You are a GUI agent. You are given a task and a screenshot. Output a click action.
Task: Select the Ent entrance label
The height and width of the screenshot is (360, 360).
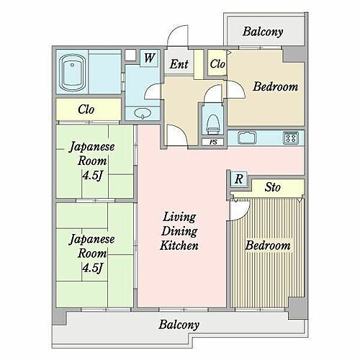tap(179, 65)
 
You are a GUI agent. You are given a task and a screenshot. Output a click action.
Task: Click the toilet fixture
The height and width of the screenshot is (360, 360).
tap(212, 123)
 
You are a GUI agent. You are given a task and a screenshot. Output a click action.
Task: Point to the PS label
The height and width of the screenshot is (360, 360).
tap(213, 142)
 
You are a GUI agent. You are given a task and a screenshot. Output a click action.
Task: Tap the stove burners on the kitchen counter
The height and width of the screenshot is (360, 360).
tap(291, 136)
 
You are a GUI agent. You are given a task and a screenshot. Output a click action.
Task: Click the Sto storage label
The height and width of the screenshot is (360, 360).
tap(273, 188)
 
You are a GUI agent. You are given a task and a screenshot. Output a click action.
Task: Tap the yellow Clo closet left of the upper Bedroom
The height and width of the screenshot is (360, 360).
tap(217, 64)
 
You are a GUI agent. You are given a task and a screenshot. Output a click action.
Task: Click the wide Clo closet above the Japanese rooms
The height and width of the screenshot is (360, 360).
tap(88, 110)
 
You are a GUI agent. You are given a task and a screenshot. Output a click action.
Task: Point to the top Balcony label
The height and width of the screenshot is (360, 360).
tap(262, 32)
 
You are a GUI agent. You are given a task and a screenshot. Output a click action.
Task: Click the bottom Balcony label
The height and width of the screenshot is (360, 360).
tap(179, 324)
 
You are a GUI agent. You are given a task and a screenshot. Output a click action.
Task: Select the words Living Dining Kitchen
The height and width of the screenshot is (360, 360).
tap(179, 231)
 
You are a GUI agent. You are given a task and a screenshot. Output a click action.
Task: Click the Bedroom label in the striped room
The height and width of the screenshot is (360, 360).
tap(268, 246)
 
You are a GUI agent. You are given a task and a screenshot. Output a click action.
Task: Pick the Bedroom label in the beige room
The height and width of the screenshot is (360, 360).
tap(275, 87)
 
